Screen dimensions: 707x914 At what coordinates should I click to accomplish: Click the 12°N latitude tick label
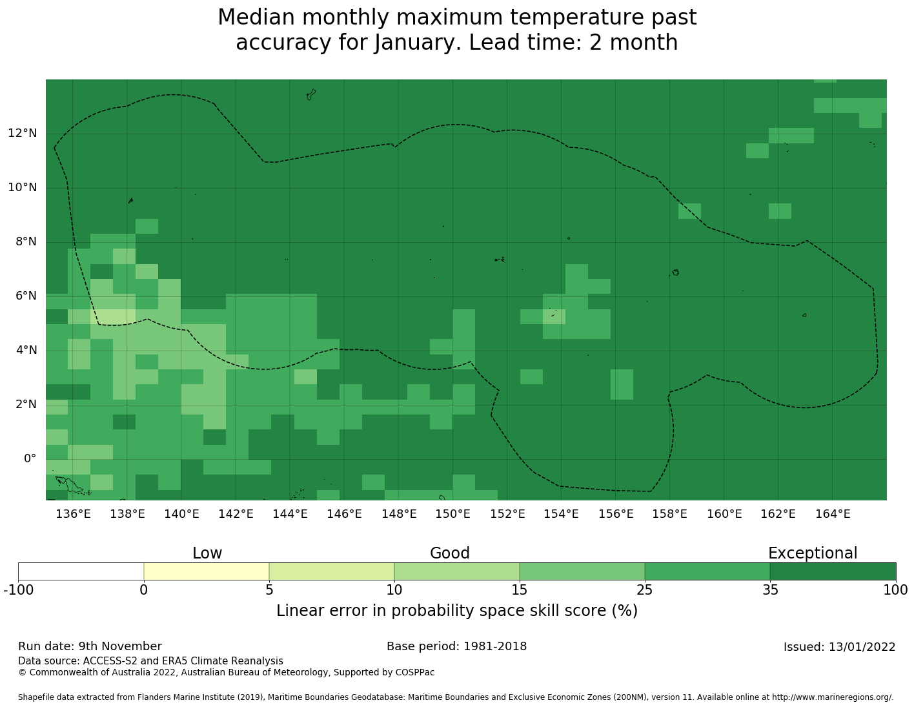tap(22, 134)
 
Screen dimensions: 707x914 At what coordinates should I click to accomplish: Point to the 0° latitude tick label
tap(30, 459)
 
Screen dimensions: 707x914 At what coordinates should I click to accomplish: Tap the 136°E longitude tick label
tap(73, 514)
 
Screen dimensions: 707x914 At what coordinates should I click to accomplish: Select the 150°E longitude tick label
tap(452, 514)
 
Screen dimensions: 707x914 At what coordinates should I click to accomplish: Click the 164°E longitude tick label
tap(833, 514)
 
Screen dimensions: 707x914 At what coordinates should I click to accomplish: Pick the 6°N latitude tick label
tap(25, 296)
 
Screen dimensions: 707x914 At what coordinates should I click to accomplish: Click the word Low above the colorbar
tap(207, 553)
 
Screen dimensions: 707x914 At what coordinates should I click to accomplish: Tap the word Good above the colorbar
tap(450, 553)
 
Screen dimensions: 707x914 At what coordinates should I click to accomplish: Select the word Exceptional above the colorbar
tap(812, 553)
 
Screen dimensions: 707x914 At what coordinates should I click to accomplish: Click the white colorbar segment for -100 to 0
tap(81, 571)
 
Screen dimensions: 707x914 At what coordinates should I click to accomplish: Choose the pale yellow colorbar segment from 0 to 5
tap(206, 571)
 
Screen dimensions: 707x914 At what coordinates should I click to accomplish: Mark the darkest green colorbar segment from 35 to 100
tap(833, 571)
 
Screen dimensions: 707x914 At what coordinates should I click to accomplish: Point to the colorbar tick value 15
tap(520, 589)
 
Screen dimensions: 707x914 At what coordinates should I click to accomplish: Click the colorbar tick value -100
tap(18, 589)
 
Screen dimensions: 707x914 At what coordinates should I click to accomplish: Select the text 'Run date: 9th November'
tap(90, 646)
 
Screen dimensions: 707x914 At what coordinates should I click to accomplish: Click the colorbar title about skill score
tap(456, 611)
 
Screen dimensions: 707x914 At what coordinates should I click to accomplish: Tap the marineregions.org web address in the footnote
tap(832, 697)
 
